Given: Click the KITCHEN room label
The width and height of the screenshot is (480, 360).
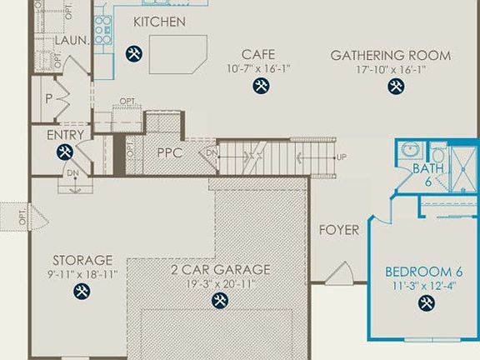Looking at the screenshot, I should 159,22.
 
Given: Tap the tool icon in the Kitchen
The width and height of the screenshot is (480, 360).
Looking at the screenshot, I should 134,54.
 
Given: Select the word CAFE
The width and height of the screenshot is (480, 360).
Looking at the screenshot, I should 258,55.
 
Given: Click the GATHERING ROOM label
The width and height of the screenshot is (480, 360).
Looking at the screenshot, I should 391,56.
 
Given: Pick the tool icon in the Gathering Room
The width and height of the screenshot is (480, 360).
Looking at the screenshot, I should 395,87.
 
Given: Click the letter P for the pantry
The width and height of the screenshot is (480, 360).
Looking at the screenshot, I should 47,99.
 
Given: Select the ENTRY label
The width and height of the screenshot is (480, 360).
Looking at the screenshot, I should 65,134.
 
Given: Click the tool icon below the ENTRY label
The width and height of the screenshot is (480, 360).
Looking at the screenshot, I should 65,152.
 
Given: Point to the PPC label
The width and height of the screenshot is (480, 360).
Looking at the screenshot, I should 170,152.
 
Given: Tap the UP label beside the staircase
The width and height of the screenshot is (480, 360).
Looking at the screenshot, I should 342,157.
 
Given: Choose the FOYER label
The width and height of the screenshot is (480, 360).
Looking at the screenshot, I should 339,229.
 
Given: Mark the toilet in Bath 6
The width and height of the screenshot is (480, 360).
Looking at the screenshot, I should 438,155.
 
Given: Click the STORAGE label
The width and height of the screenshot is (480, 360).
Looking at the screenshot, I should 82,260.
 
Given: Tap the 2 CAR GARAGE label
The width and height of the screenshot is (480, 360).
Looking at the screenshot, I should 221,269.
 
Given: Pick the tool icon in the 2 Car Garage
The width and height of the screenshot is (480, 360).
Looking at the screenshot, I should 220,301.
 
